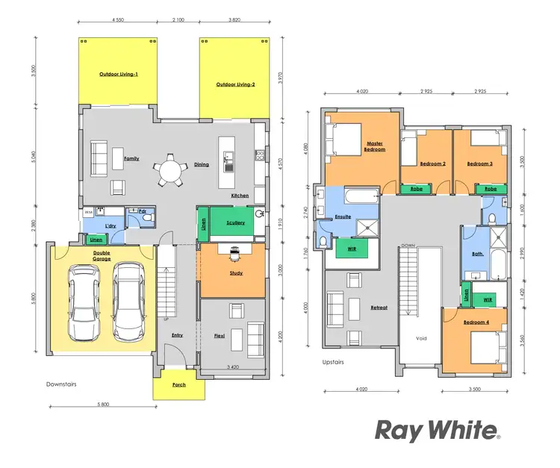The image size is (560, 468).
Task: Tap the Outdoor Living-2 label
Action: point(236,85)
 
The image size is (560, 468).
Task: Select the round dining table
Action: point(169,173)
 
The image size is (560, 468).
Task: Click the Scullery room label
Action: point(234,222)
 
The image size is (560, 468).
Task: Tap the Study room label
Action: point(237,273)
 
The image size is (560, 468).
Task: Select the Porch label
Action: point(179,385)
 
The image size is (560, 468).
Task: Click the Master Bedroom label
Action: point(375,146)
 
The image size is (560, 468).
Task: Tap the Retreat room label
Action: point(379,308)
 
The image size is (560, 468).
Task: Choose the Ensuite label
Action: point(343,216)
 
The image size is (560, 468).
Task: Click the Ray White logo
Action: point(437,431)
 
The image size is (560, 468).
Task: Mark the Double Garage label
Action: point(102,255)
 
